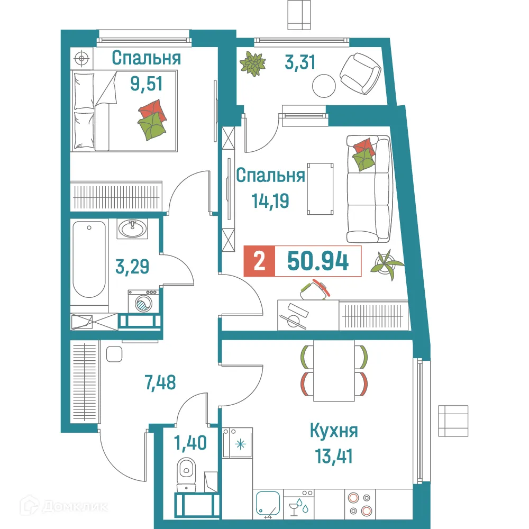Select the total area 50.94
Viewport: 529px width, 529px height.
point(317,261)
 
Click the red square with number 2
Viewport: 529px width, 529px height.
point(259,261)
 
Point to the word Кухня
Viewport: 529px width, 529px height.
point(334,431)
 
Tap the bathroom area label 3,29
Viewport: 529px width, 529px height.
point(132,266)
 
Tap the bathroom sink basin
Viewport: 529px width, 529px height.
point(132,229)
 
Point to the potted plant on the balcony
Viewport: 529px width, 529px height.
point(252,64)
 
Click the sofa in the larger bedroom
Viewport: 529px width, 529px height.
point(368,188)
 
